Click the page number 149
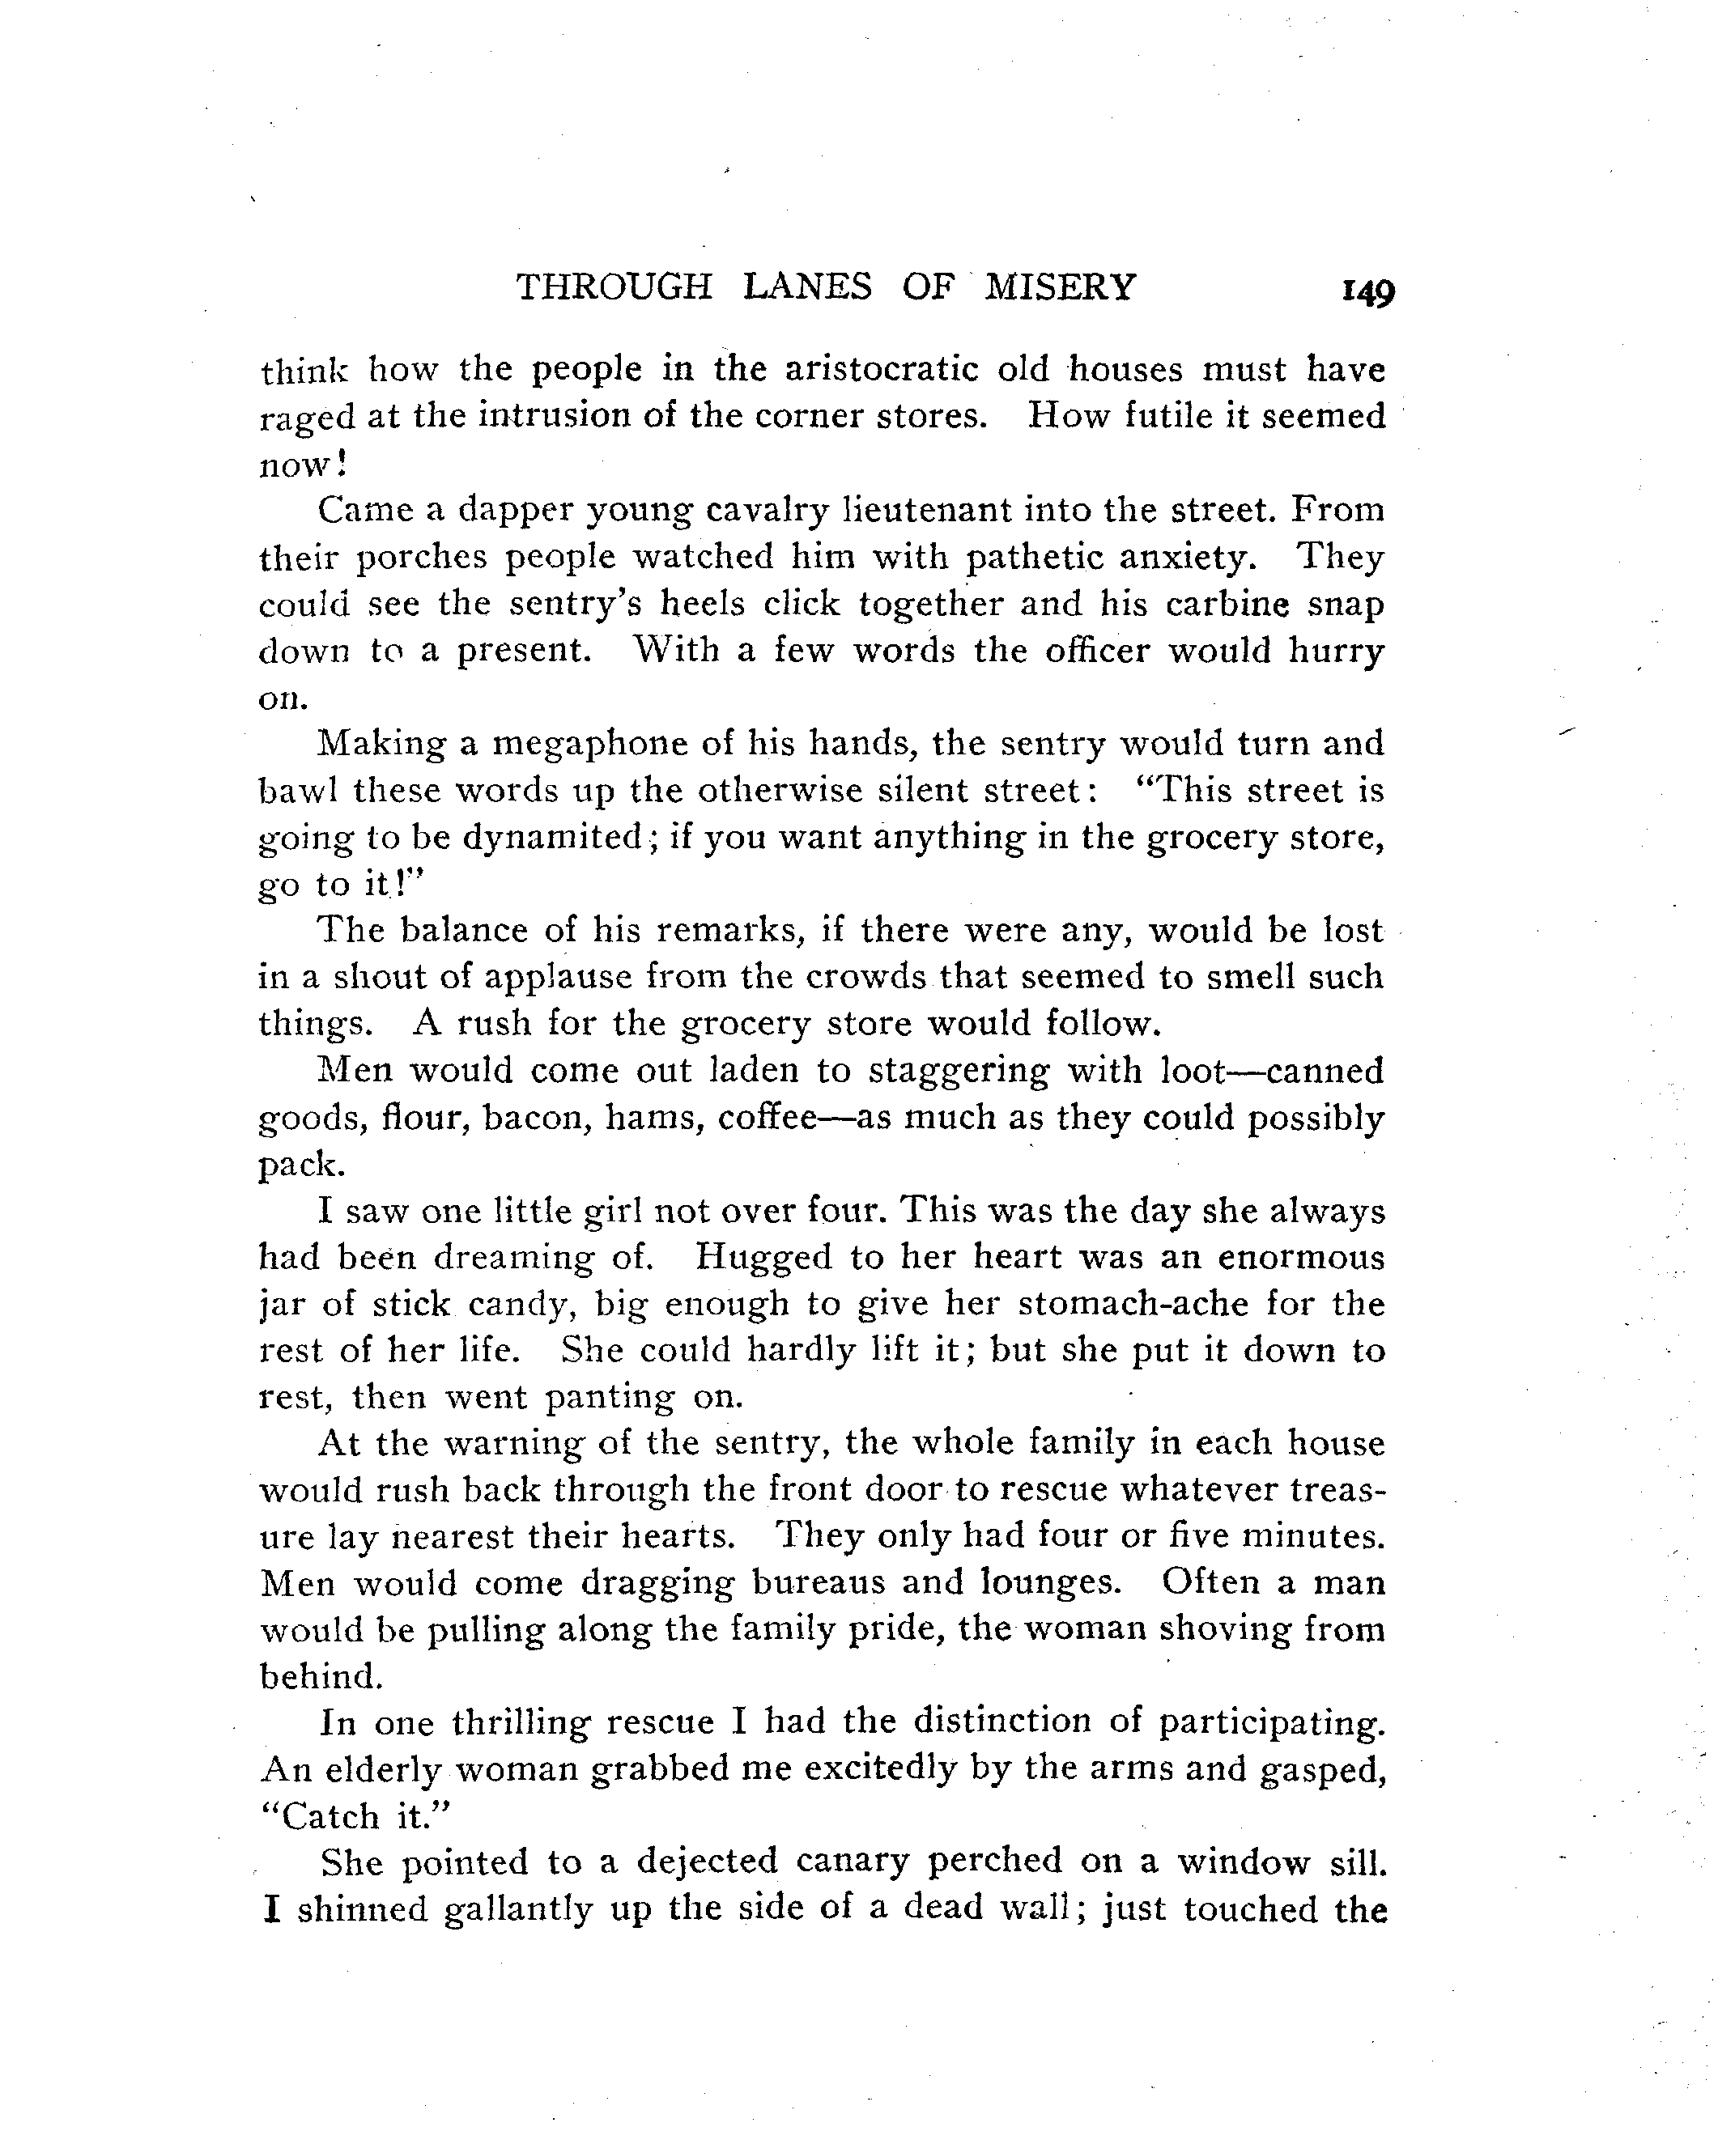(x=1367, y=291)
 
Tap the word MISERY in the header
(x=1060, y=287)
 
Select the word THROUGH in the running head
(x=614, y=287)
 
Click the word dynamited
(x=552, y=838)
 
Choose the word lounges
(x=1060, y=1583)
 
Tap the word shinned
(x=362, y=1909)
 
